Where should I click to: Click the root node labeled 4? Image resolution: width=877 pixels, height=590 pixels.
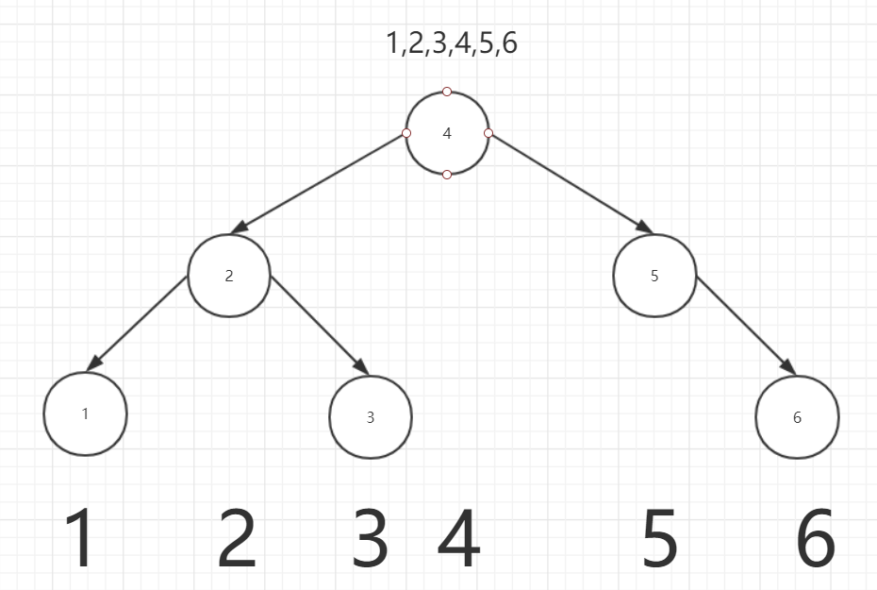(x=447, y=133)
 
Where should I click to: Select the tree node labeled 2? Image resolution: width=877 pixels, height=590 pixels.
(x=229, y=276)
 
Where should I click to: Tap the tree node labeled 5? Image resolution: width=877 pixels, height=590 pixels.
(x=654, y=276)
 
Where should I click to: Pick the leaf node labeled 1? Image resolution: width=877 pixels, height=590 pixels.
(x=85, y=413)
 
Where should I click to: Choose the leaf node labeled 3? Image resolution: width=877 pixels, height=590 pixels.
(x=371, y=417)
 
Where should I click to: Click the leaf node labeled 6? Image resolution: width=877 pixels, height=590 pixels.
(x=797, y=417)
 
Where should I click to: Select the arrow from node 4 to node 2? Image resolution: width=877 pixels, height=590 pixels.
(x=321, y=181)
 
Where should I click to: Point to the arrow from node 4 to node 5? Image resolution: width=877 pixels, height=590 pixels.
(x=571, y=182)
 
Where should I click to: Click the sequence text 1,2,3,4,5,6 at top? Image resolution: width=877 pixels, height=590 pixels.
(x=452, y=44)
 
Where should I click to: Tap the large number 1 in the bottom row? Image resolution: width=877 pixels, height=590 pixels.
(x=82, y=539)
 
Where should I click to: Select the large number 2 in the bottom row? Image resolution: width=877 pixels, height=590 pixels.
(x=237, y=539)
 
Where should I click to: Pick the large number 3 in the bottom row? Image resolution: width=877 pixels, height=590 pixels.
(x=371, y=539)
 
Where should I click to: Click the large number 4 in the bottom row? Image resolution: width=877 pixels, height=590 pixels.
(x=459, y=539)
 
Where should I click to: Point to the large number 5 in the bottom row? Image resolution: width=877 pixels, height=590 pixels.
(x=660, y=539)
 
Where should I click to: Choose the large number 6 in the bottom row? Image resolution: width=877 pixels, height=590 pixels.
(x=816, y=539)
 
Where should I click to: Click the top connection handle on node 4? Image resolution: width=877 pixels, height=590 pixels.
(x=447, y=92)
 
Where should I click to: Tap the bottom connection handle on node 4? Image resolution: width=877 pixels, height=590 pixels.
(x=447, y=175)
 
